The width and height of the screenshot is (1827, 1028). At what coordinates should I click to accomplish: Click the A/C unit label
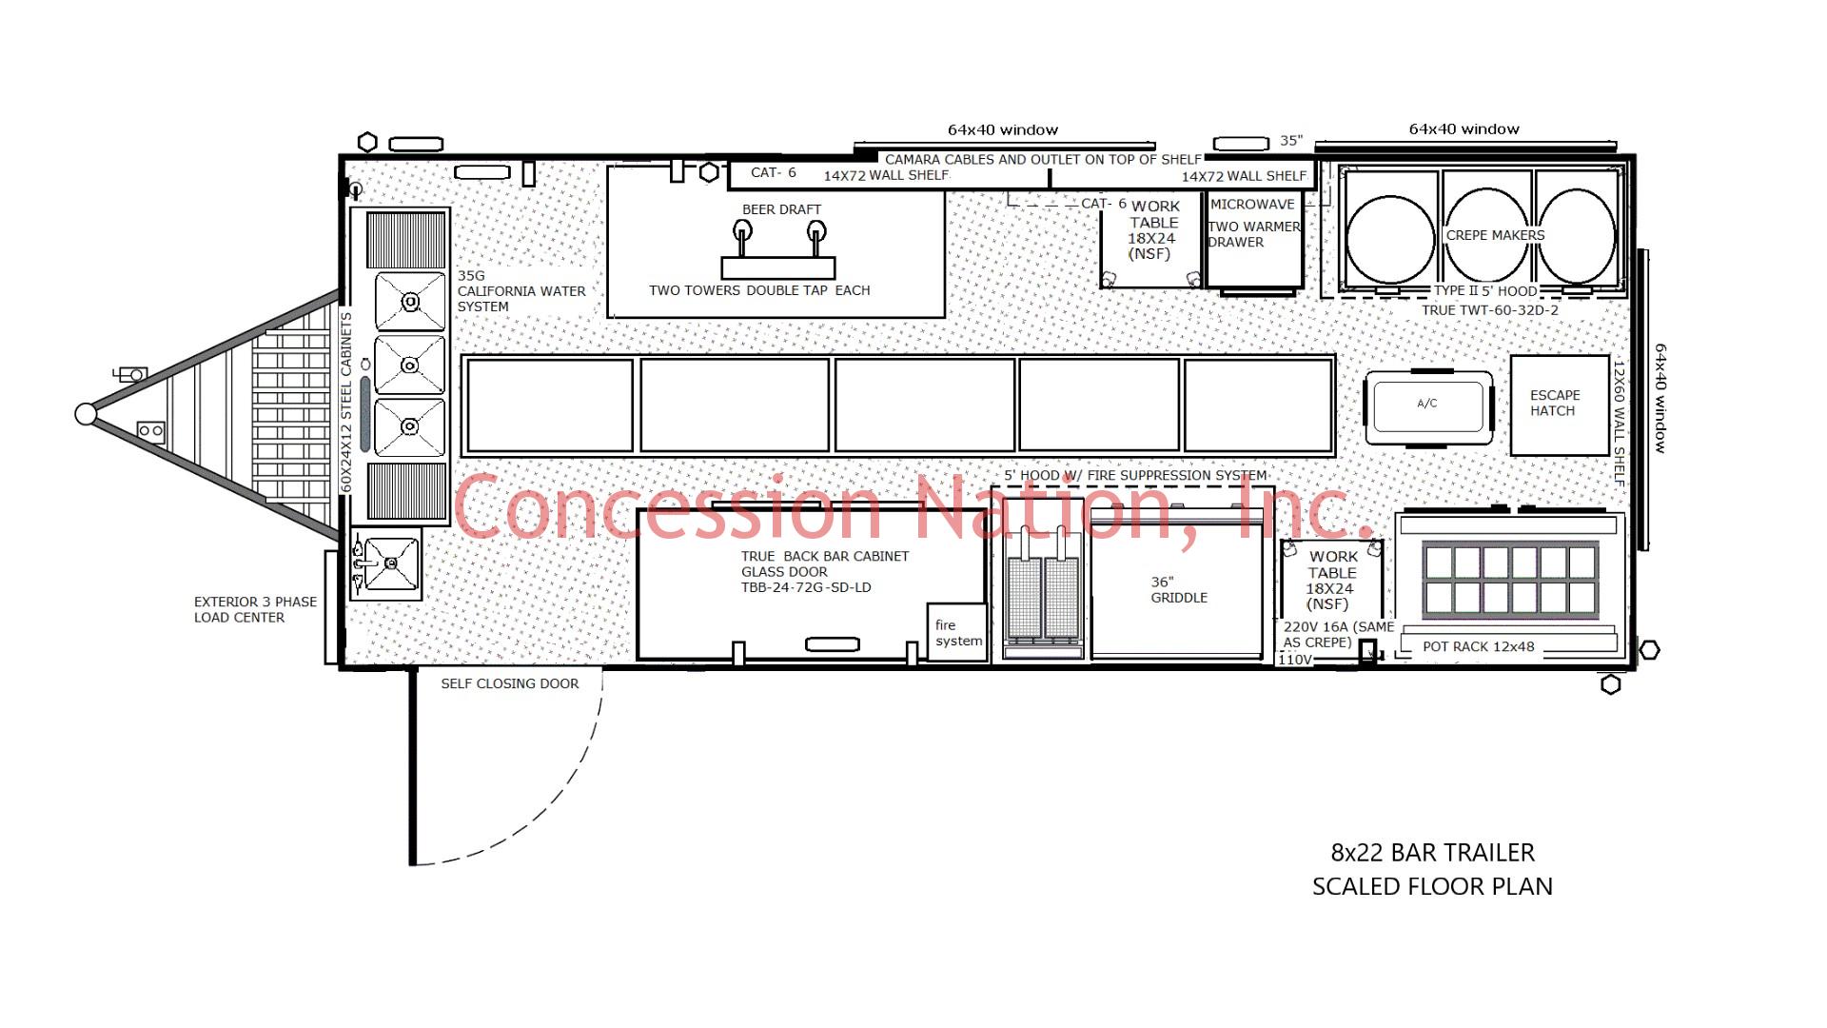pyautogui.click(x=1427, y=404)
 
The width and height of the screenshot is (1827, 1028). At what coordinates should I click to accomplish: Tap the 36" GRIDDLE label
pyautogui.click(x=1178, y=590)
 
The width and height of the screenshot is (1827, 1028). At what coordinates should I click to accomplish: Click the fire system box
pyautogui.click(x=957, y=632)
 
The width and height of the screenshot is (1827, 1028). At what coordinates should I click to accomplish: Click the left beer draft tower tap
pyautogui.click(x=742, y=231)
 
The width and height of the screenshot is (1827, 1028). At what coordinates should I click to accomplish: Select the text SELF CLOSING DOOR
pyautogui.click(x=509, y=683)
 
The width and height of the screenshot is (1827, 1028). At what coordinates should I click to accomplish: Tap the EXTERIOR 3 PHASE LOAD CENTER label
pyautogui.click(x=254, y=609)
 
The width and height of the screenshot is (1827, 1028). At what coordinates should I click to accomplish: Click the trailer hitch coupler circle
pyautogui.click(x=86, y=414)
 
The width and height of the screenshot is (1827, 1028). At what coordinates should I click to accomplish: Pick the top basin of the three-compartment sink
pyautogui.click(x=410, y=302)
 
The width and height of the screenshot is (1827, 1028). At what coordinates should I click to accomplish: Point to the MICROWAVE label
pyautogui.click(x=1252, y=205)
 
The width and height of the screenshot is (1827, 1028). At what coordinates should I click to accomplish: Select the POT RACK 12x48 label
pyautogui.click(x=1478, y=646)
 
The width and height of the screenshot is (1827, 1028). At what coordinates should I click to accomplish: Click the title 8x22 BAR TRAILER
pyautogui.click(x=1432, y=853)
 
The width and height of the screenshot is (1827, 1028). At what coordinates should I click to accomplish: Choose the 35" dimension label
pyautogui.click(x=1290, y=141)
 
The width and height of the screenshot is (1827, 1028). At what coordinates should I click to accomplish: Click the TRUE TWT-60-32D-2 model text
pyautogui.click(x=1489, y=310)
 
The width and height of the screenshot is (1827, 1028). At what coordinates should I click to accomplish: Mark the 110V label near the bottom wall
pyautogui.click(x=1294, y=660)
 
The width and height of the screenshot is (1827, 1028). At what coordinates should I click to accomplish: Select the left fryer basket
pyautogui.click(x=1024, y=598)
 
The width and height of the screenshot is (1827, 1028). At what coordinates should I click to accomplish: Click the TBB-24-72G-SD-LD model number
pyautogui.click(x=805, y=587)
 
